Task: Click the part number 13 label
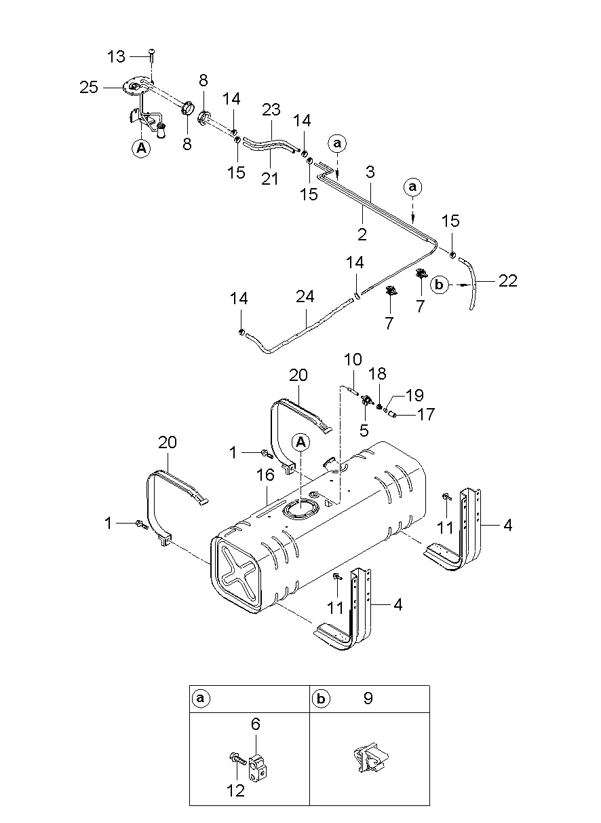click(116, 56)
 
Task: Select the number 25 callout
click(89, 88)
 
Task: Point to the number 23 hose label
click(271, 109)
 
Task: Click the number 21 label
click(270, 179)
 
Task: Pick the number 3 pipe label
click(370, 172)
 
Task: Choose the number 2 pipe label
click(362, 234)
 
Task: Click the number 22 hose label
click(508, 280)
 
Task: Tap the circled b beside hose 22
click(439, 285)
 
